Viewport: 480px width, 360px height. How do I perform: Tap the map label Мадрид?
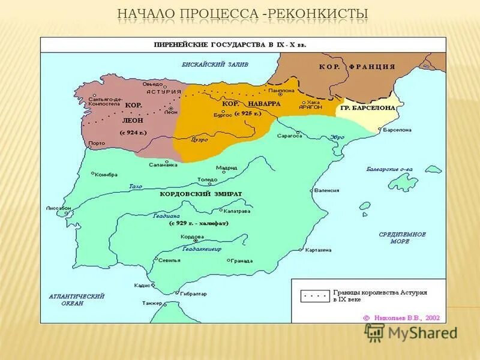pos(227,168)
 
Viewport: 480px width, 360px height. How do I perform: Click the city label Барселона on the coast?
pos(397,130)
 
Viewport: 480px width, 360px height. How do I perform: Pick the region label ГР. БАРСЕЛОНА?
pos(368,107)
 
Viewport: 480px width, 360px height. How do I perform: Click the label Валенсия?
pos(326,190)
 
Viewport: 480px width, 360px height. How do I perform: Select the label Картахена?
pos(319,250)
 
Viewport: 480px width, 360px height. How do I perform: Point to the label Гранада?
pos(240,261)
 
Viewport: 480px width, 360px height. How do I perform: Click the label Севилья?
pos(170,260)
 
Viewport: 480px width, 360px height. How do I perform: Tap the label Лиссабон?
pos(59,208)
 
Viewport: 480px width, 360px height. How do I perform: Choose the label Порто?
pos(96,143)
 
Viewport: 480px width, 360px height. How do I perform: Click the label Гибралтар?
pos(193,293)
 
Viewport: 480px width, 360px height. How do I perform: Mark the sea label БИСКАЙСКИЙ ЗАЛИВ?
pos(215,64)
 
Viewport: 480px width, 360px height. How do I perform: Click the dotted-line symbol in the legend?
pos(313,296)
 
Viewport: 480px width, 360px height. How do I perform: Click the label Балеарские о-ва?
pos(389,170)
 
